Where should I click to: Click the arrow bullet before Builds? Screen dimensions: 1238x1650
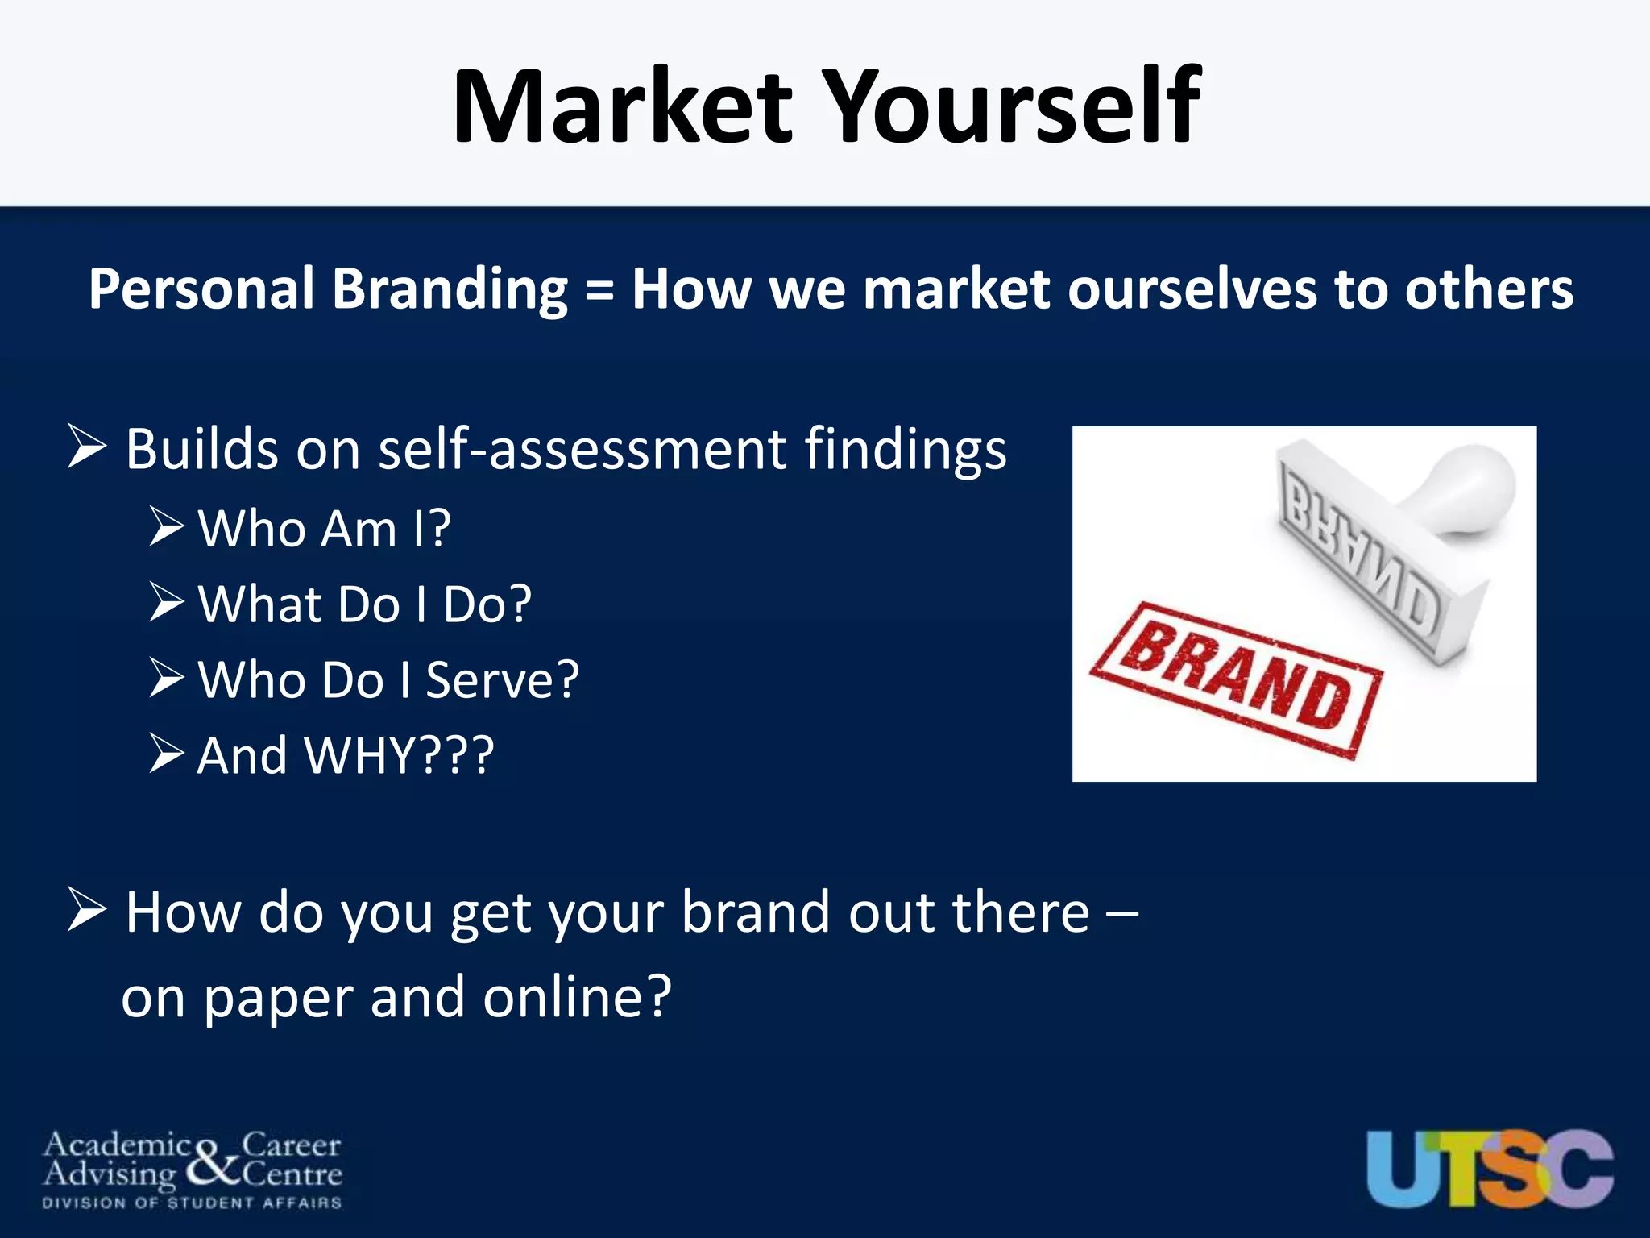coord(87,447)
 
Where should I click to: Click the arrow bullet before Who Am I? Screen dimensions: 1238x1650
coord(167,528)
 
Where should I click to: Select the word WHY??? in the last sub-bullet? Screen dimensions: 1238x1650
coord(399,755)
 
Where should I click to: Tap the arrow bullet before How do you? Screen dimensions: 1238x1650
coord(87,911)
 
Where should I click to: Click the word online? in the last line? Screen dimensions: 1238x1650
coord(576,997)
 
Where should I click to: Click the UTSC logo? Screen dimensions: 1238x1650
coord(1489,1168)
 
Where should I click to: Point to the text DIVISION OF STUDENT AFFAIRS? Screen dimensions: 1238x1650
coord(192,1203)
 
